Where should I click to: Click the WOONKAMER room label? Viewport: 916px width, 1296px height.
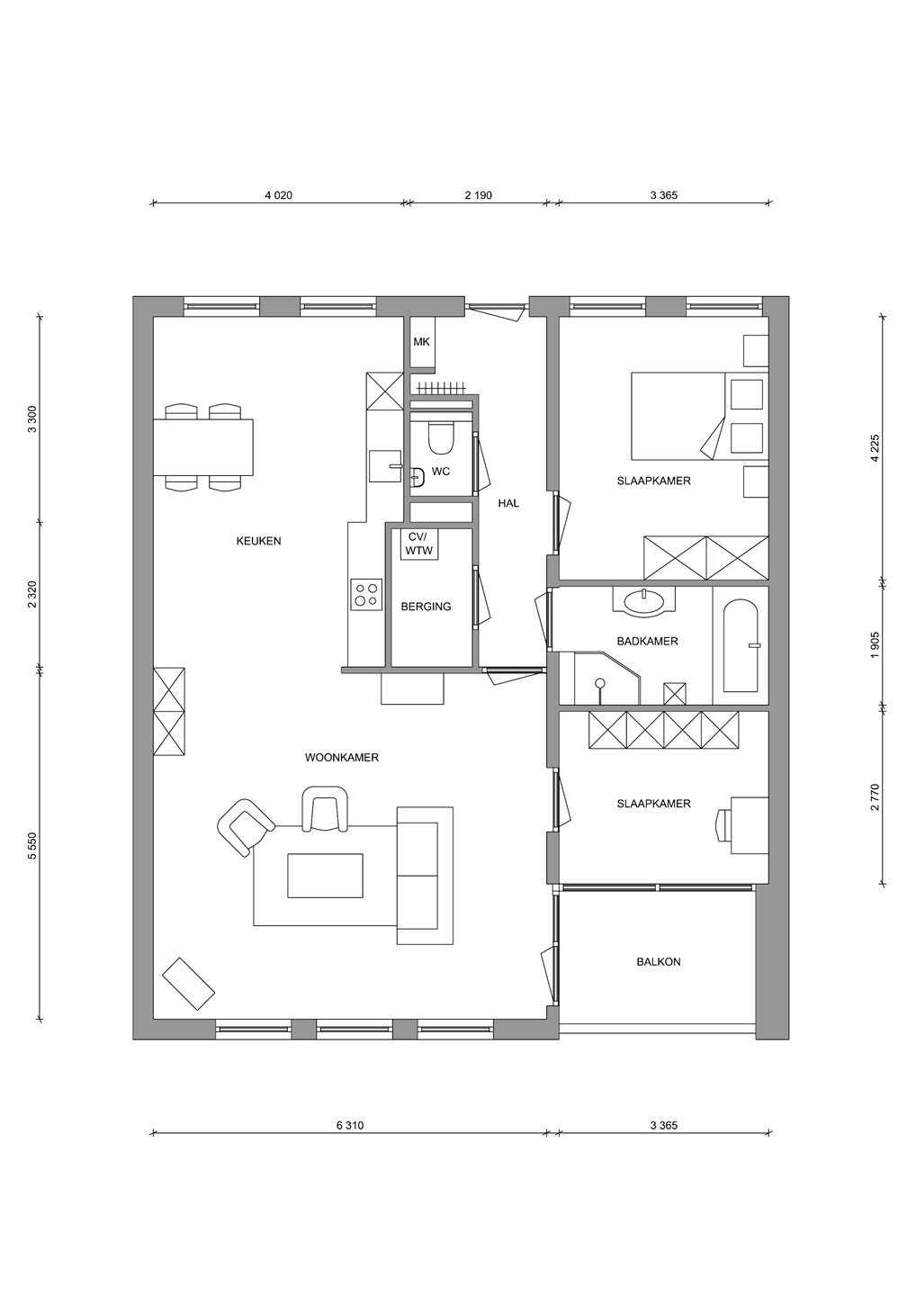point(342,758)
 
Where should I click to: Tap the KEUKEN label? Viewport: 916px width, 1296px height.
point(258,541)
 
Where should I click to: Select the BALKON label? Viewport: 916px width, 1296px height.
point(659,961)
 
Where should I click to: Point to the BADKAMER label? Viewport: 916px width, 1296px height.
point(647,641)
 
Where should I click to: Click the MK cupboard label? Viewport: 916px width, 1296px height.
point(422,342)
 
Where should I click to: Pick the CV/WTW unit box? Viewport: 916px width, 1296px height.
point(420,544)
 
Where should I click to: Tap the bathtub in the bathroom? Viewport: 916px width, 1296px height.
point(741,645)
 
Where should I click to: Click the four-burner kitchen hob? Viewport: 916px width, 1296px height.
point(366,594)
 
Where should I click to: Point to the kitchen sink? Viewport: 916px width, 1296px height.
point(385,466)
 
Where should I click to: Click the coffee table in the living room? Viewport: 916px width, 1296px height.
point(325,876)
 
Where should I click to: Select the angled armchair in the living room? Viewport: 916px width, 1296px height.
point(244,826)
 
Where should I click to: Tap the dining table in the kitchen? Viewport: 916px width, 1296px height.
point(203,447)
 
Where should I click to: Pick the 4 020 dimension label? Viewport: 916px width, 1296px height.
point(279,195)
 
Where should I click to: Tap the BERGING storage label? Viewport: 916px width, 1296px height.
point(427,607)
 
